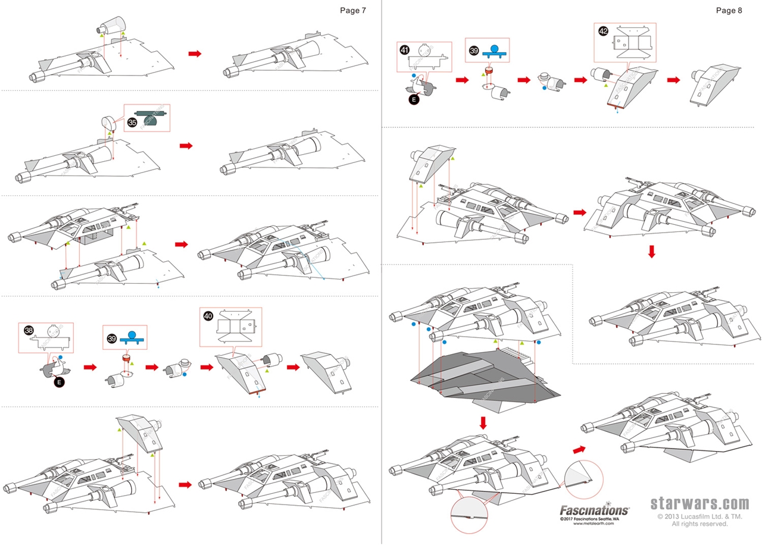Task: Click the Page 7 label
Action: (x=353, y=10)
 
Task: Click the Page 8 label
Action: (x=729, y=10)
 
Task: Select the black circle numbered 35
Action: (x=132, y=123)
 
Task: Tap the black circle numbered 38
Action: (x=29, y=330)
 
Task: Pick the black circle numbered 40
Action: (x=208, y=315)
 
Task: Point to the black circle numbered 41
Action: (x=405, y=51)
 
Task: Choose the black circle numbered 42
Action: (x=604, y=32)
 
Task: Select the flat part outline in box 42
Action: (x=633, y=42)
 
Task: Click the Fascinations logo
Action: (x=595, y=510)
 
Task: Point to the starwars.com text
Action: (x=699, y=504)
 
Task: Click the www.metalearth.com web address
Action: (x=594, y=523)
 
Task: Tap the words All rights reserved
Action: (x=700, y=524)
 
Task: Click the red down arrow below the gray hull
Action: (x=483, y=422)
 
